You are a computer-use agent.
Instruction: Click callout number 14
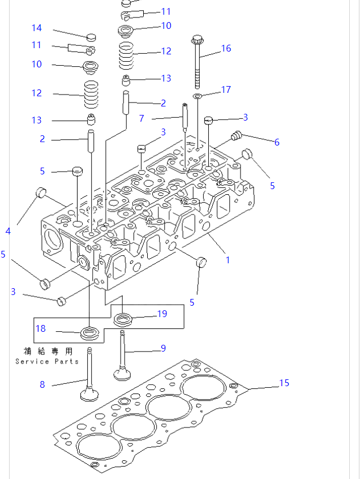(x=36, y=28)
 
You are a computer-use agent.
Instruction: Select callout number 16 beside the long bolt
(x=226, y=48)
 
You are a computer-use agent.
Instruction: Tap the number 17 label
(x=226, y=89)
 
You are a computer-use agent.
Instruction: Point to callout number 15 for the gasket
(x=284, y=383)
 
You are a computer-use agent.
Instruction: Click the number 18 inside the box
(x=41, y=328)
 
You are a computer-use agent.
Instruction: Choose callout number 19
(x=162, y=314)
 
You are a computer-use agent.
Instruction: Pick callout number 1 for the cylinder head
(x=228, y=260)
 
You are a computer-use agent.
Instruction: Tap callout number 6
(x=277, y=142)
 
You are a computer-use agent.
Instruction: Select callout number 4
(x=8, y=230)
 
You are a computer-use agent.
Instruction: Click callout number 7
(x=142, y=118)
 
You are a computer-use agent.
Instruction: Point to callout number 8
(x=42, y=384)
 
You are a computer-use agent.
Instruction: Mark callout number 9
(x=163, y=348)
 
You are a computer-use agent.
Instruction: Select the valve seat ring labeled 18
(x=89, y=332)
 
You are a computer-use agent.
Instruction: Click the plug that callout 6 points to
(x=237, y=136)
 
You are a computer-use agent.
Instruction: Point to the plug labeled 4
(x=41, y=192)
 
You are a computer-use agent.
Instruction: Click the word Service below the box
(x=28, y=361)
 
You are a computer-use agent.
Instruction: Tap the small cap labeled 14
(x=91, y=38)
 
